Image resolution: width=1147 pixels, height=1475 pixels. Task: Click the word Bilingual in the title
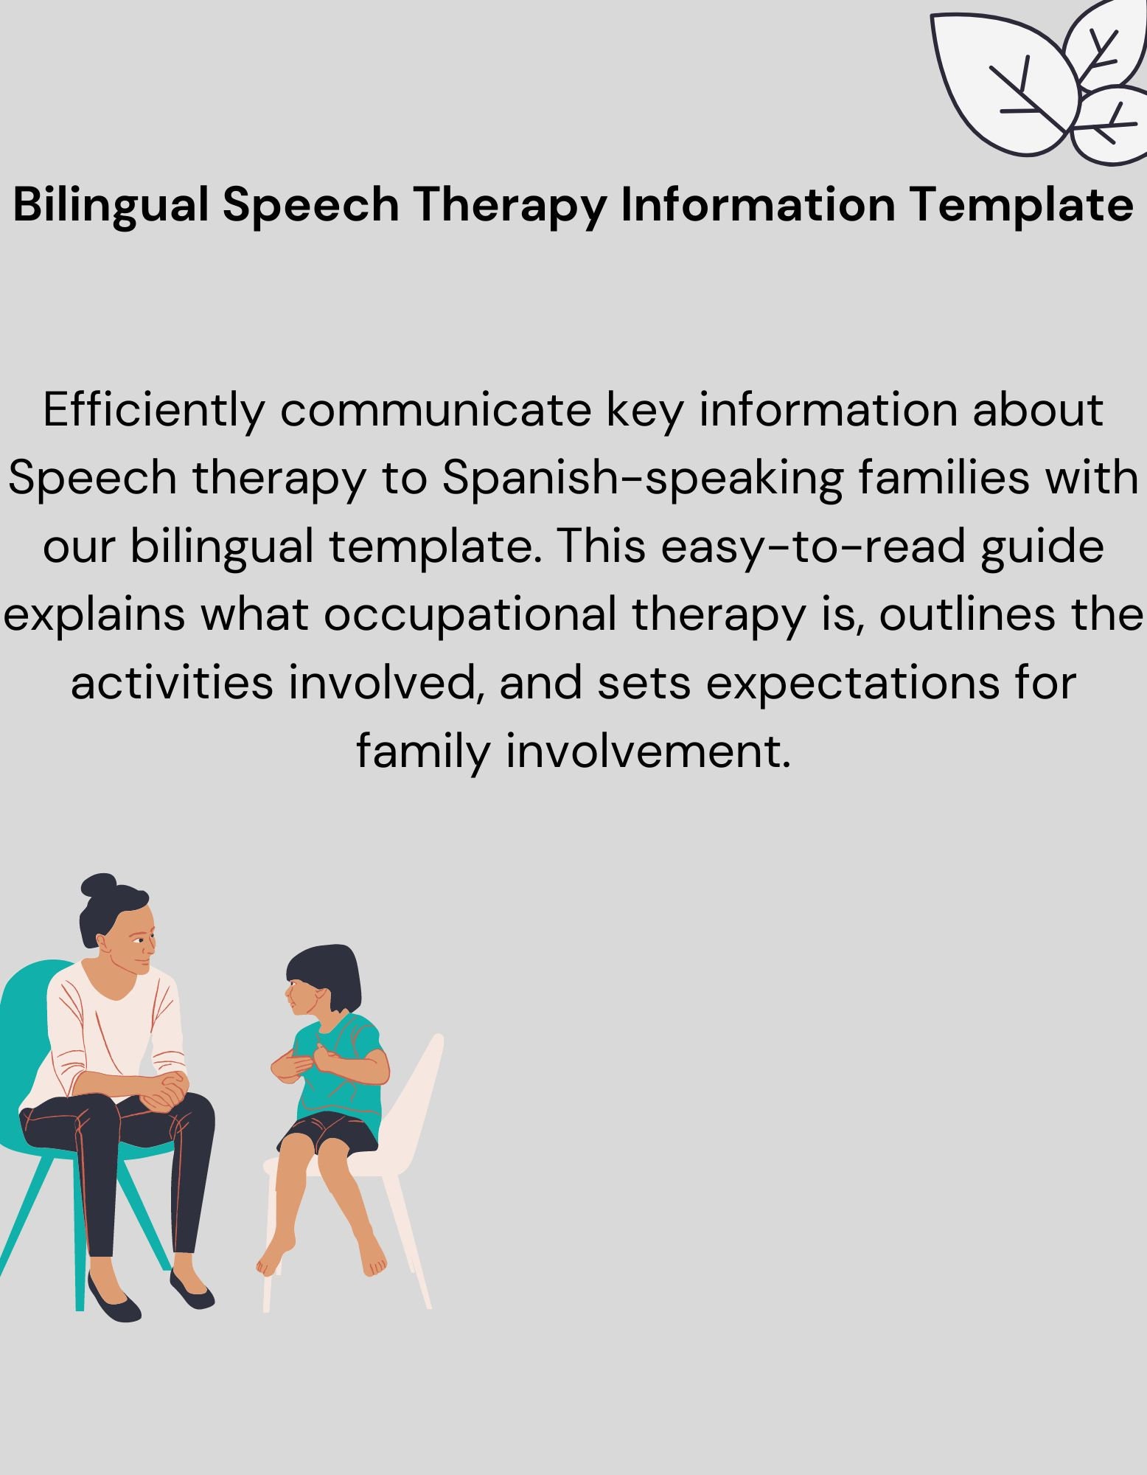tap(111, 204)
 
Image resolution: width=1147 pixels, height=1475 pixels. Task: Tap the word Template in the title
tap(1021, 204)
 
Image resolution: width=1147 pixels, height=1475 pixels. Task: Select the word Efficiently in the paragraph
tap(153, 410)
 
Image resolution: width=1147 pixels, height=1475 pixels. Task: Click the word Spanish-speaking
tap(642, 479)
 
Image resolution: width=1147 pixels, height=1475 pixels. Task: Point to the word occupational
tap(470, 614)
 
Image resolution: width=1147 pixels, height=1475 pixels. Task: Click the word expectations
tap(852, 683)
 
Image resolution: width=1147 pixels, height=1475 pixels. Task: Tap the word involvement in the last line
tap(648, 752)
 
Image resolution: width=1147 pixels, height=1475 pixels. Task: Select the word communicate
tap(435, 410)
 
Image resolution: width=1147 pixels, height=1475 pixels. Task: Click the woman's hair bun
tap(99, 884)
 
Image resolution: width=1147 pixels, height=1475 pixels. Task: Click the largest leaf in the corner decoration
tap(1003, 81)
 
